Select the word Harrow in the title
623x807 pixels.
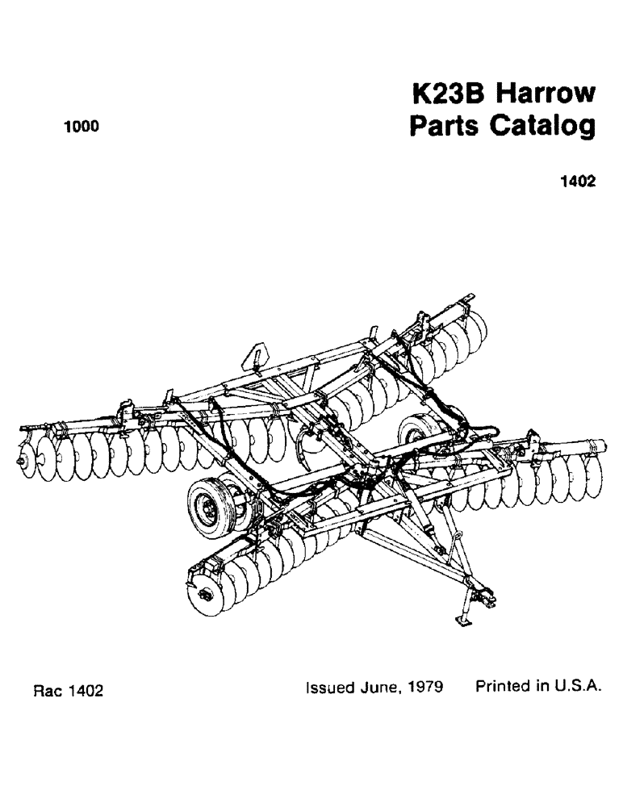click(x=545, y=95)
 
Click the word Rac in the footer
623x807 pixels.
click(x=47, y=692)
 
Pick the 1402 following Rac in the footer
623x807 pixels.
click(x=85, y=692)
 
